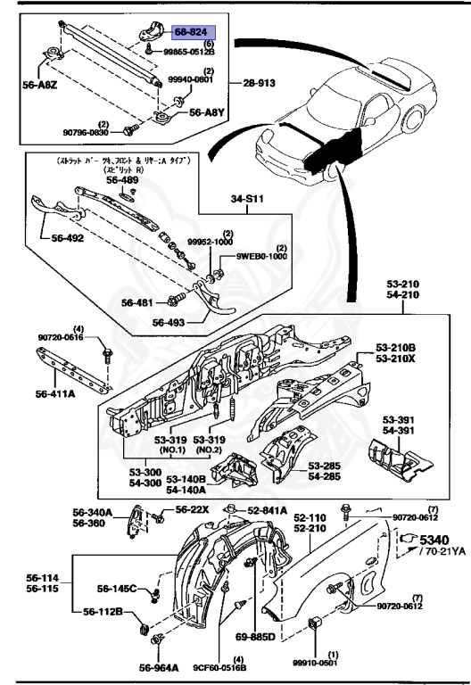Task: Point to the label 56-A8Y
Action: click(x=203, y=114)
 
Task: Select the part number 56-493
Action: click(x=170, y=324)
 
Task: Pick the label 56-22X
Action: click(x=191, y=508)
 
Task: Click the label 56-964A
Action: click(x=159, y=666)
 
